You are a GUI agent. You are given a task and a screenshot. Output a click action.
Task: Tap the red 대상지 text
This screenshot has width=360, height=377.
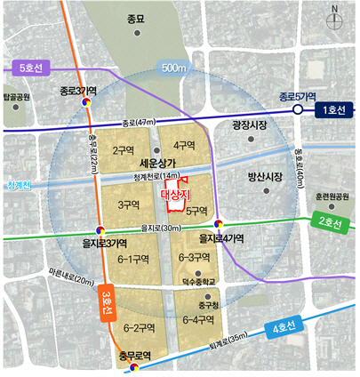(x=176, y=193)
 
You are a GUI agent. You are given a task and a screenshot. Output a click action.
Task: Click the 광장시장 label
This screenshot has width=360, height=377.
(x=249, y=126)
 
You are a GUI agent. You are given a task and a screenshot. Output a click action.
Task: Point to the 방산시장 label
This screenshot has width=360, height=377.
(x=264, y=177)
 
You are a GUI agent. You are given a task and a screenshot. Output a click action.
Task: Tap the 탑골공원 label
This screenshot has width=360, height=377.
(x=17, y=96)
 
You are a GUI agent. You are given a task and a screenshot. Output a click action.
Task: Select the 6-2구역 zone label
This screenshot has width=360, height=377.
(x=140, y=326)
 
